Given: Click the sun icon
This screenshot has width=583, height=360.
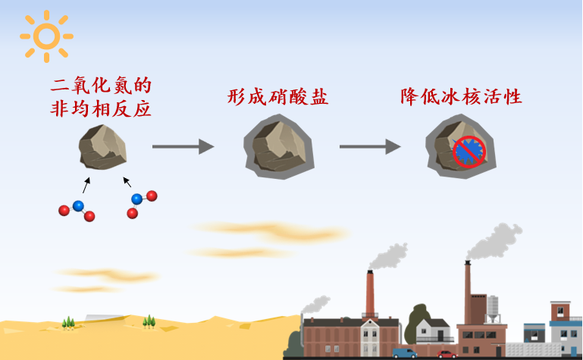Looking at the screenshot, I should point(46,36).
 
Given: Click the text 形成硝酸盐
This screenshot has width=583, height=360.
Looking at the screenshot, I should point(277,96).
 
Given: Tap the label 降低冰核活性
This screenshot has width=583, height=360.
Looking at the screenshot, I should point(462,96).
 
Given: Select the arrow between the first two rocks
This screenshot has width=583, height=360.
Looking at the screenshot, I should point(183,146).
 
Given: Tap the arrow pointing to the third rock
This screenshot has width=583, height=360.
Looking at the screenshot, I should point(370,146).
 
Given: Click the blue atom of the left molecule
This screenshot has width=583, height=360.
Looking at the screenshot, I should point(77,205).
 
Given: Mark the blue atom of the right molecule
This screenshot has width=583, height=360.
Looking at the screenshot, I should point(136,199).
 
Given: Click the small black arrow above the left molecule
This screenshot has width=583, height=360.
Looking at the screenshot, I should point(86,185).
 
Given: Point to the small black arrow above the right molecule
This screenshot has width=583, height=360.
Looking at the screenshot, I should point(127,182).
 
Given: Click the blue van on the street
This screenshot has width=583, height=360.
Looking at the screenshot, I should point(405,353).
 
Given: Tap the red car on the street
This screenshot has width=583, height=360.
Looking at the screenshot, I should point(447,354).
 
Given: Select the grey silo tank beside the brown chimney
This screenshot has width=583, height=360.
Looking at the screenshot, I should point(492,308).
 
